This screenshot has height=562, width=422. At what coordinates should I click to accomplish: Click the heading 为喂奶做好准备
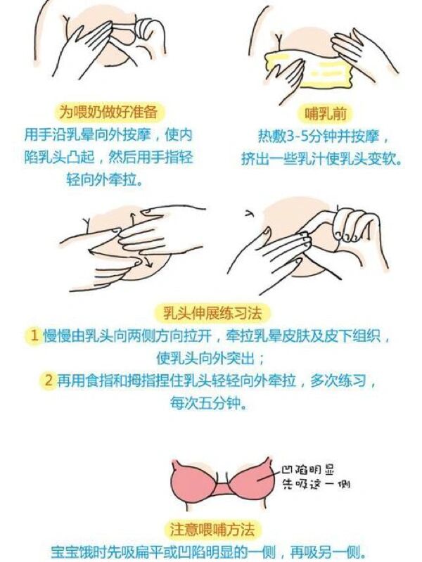[x=108, y=112]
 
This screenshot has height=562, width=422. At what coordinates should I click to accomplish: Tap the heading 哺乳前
[x=326, y=114]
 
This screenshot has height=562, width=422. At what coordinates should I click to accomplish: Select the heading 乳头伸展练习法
[x=212, y=313]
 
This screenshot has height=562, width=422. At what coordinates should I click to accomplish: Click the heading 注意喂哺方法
[x=212, y=530]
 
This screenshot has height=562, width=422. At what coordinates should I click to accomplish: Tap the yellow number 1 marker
[x=34, y=336]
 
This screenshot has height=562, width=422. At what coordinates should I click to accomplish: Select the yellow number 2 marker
[x=49, y=381]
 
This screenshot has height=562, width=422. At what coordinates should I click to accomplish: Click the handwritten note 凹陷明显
[x=307, y=469]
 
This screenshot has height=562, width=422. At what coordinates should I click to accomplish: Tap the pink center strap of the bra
[x=223, y=489]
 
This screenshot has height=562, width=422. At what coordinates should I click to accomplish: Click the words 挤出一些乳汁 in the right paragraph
[x=282, y=159]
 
